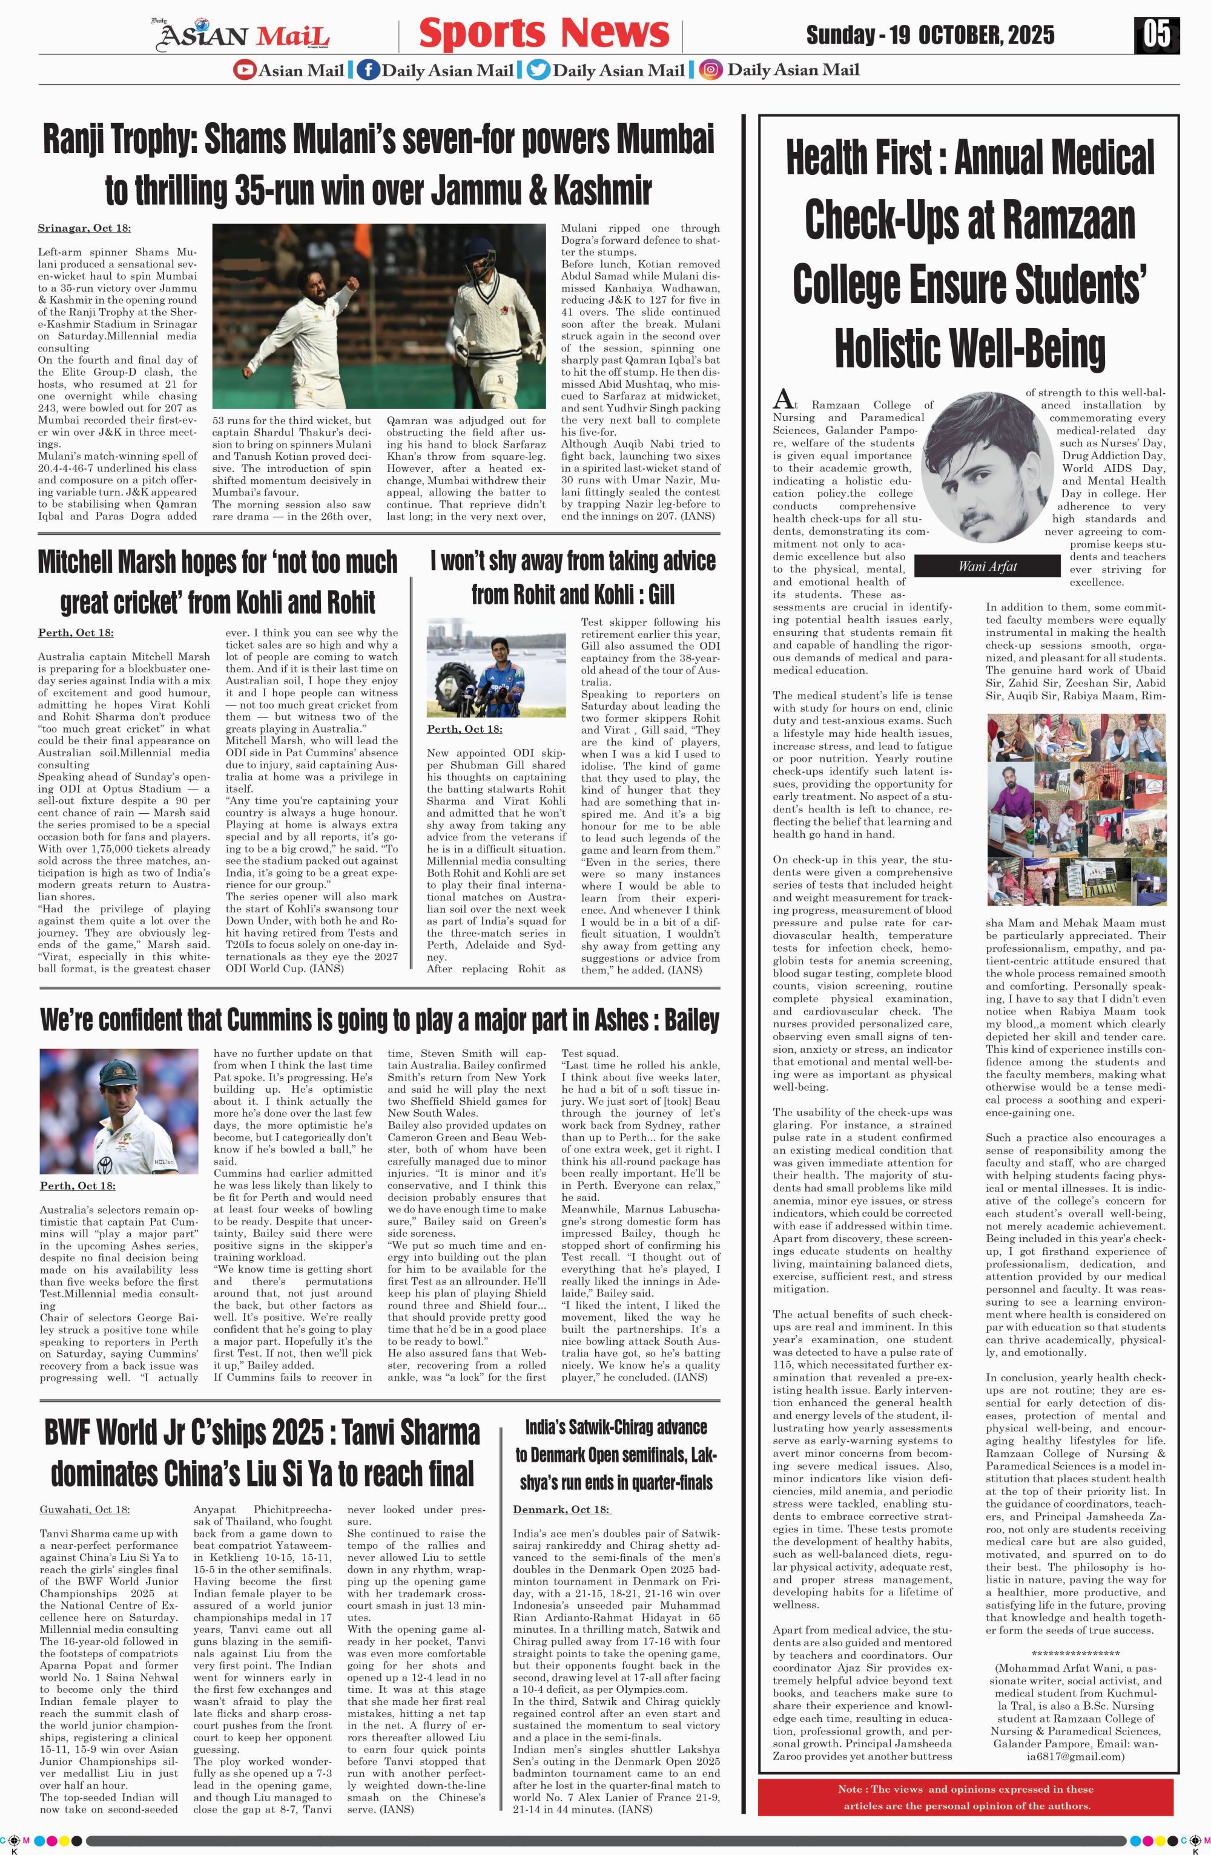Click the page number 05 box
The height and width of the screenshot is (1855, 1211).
click(1157, 34)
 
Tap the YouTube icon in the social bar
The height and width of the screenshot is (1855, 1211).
click(244, 70)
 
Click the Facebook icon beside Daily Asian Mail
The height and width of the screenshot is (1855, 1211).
click(368, 70)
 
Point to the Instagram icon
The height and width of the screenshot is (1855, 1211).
click(710, 70)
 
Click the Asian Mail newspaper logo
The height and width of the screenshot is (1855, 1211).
click(241, 35)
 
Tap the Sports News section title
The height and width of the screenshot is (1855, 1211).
click(544, 33)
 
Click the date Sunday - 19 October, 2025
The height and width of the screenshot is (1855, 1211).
click(930, 35)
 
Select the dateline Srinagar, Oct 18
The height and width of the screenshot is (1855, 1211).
click(84, 228)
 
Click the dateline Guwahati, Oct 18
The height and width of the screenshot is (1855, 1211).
click(85, 1510)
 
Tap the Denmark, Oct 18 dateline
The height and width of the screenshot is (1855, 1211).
click(561, 1510)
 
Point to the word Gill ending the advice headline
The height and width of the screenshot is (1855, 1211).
click(656, 595)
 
